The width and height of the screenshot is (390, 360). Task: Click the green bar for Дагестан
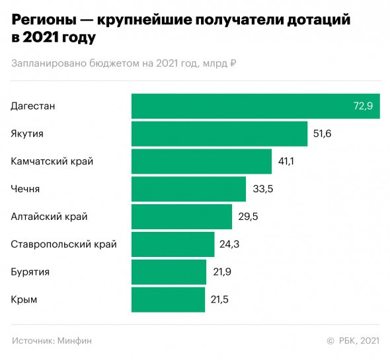coord(255,106)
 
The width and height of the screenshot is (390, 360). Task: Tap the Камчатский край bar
coord(202,161)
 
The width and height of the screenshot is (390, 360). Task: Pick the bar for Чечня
coord(188,189)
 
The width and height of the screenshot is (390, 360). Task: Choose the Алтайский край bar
coord(182,217)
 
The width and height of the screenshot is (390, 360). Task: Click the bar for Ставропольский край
coord(173,244)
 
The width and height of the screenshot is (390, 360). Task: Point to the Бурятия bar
coord(169,272)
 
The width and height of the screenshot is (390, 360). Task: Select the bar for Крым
coord(169,299)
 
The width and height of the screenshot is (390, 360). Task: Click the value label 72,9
coord(364,106)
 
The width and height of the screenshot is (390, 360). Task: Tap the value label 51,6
coord(322,134)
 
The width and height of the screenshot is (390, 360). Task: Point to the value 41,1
coord(286,161)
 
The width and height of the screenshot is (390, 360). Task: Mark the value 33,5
coord(263,189)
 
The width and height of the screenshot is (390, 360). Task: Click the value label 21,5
coord(219,299)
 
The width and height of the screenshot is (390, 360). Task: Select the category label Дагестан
coord(33,106)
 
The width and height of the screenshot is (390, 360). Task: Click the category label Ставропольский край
coord(64,244)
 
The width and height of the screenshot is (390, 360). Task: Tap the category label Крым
coord(24,299)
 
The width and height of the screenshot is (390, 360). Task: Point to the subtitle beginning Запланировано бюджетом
coord(124,63)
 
